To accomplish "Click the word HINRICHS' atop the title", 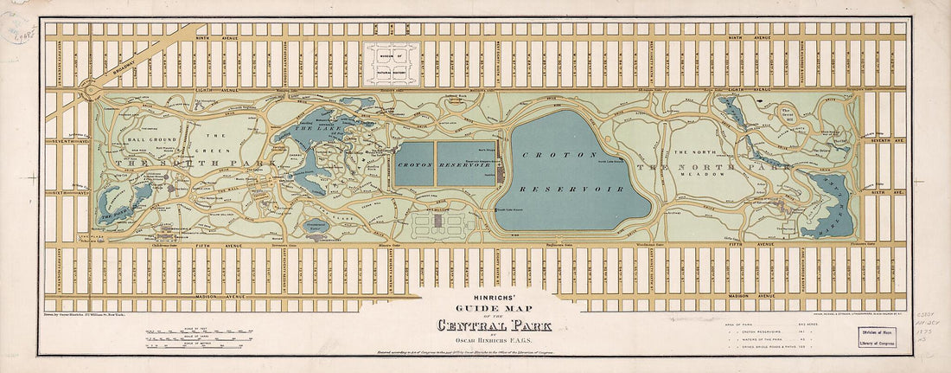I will [x=495, y=299].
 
